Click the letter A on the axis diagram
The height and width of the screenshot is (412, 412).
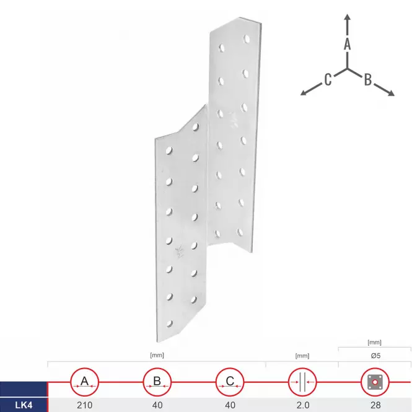(347, 44)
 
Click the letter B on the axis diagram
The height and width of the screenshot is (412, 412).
(368, 79)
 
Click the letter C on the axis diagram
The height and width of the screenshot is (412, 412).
(328, 79)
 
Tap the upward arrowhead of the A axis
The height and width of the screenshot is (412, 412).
(348, 17)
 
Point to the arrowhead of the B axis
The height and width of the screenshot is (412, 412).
(391, 93)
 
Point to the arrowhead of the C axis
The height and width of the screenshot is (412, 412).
(304, 92)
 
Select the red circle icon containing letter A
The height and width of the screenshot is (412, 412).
(85, 382)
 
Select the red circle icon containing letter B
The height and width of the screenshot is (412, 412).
(157, 382)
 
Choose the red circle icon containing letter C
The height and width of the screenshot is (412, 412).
(230, 382)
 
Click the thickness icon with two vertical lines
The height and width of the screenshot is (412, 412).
(302, 382)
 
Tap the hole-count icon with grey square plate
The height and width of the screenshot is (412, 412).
(375, 382)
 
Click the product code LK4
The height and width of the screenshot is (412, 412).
(24, 405)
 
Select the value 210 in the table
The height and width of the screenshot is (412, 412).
(85, 405)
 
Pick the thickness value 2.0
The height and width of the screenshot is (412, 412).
(303, 405)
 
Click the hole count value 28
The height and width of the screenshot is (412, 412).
(375, 405)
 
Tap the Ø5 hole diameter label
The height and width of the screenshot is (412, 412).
(375, 356)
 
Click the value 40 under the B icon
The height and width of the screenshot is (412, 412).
(157, 405)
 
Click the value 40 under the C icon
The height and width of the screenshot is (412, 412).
(230, 405)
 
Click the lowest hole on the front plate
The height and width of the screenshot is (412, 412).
(170, 323)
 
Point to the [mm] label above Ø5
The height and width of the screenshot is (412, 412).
(374, 343)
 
